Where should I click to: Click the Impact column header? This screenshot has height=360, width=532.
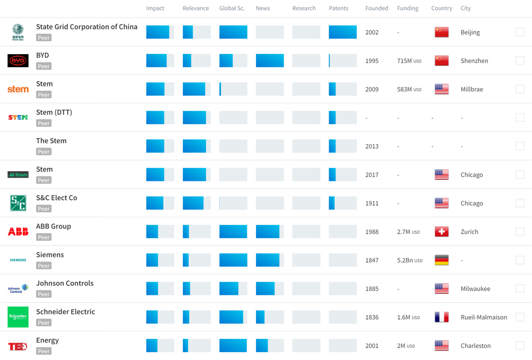[155, 8]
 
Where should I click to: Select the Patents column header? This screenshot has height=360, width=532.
[338, 8]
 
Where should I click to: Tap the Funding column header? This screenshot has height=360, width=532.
[407, 8]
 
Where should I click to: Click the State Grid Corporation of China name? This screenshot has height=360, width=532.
[86, 27]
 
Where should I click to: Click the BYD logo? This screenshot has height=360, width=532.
[18, 61]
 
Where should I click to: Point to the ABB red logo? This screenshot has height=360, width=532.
[18, 232]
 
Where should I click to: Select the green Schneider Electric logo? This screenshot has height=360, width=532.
[18, 317]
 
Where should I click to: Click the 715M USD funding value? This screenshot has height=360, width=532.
[409, 61]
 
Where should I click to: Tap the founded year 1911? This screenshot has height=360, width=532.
[372, 203]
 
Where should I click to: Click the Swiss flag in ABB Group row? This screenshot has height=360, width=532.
[441, 232]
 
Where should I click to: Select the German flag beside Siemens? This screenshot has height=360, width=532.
[441, 260]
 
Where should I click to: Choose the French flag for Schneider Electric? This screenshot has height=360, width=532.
[441, 317]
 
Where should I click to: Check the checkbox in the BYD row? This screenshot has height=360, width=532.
[520, 61]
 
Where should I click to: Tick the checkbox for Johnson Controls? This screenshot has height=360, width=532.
[520, 289]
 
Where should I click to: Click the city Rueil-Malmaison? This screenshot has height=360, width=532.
[484, 317]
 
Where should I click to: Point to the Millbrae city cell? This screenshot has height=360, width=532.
[472, 89]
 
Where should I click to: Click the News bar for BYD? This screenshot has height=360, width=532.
[270, 61]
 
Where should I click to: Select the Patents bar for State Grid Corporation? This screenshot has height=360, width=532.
[343, 32]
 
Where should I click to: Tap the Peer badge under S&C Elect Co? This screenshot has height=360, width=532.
[44, 209]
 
